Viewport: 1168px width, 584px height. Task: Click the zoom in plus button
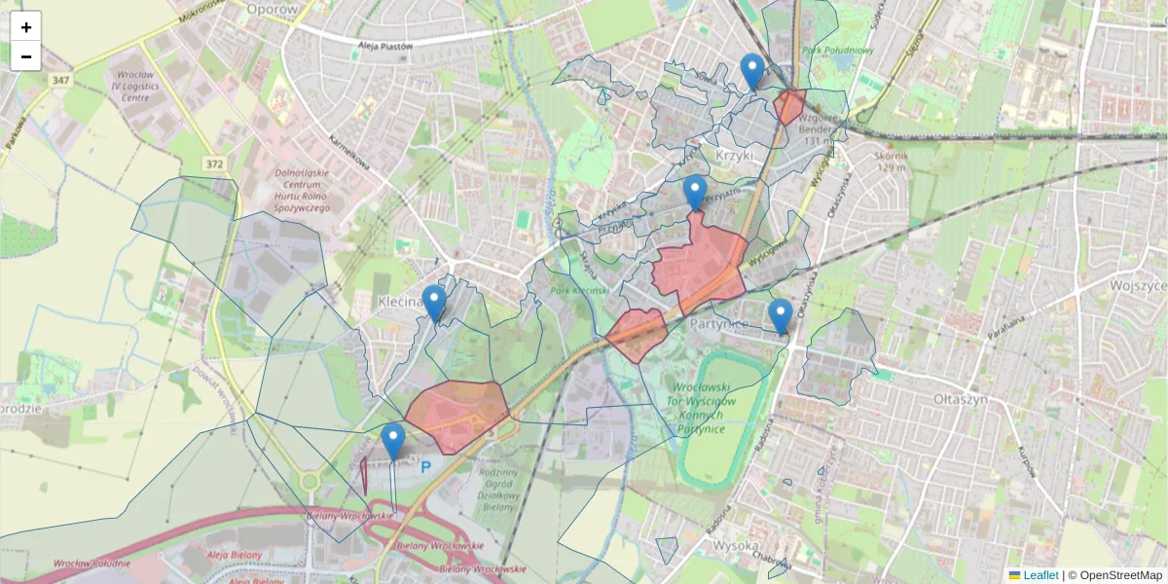(x=26, y=26)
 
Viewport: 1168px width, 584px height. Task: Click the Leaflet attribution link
(x=1040, y=575)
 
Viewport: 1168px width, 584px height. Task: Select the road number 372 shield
(x=215, y=164)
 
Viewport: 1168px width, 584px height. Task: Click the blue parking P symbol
(x=425, y=467)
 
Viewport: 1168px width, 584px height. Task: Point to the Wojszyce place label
(x=1139, y=286)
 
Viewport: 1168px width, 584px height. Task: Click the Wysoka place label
(x=736, y=545)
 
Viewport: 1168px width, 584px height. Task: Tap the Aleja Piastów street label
(x=386, y=45)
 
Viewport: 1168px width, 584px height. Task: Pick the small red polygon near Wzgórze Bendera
(x=789, y=106)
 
